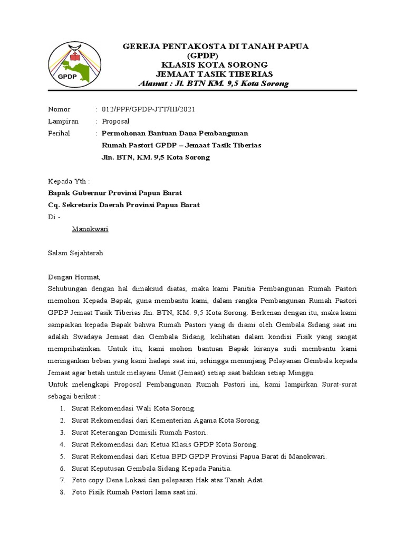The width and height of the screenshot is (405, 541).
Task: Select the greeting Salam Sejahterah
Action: click(76, 253)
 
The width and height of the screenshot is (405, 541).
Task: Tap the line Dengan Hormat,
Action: click(74, 277)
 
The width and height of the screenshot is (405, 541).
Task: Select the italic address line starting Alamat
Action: click(213, 84)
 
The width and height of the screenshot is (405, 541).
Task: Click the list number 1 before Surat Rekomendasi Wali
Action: click(62, 408)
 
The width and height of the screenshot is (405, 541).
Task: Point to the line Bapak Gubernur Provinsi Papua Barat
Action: click(115, 193)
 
